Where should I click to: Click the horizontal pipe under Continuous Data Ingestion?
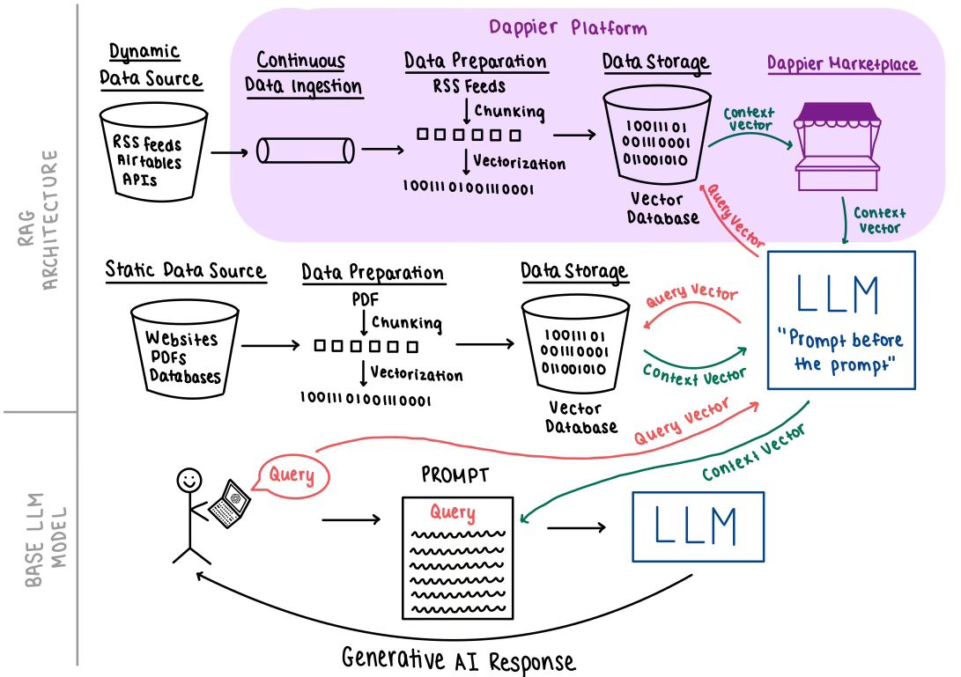click(305, 151)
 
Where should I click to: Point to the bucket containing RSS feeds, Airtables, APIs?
click(147, 152)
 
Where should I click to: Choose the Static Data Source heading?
click(185, 270)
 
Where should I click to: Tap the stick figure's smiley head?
click(189, 481)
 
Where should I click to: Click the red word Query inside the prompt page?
click(452, 512)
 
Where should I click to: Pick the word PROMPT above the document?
click(455, 476)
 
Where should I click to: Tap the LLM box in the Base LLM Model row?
click(697, 526)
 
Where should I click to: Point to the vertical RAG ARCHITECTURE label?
click(39, 220)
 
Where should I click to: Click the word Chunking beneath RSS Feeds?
click(509, 112)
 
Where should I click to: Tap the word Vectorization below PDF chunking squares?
click(416, 374)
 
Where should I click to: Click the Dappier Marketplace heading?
click(841, 64)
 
